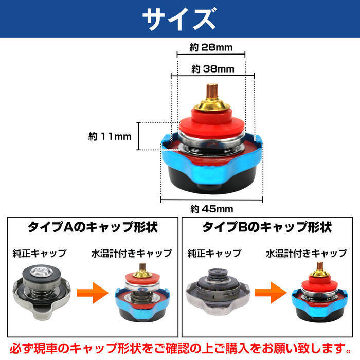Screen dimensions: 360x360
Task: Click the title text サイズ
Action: coord(179,19)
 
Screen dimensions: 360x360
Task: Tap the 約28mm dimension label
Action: coord(211,48)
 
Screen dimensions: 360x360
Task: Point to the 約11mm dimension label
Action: coord(110,136)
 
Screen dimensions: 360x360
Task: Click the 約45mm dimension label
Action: coord(212,209)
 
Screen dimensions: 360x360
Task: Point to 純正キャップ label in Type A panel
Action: coord(40,253)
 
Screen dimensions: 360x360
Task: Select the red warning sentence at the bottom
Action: coord(180,346)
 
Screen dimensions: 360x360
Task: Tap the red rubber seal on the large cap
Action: coord(211,122)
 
